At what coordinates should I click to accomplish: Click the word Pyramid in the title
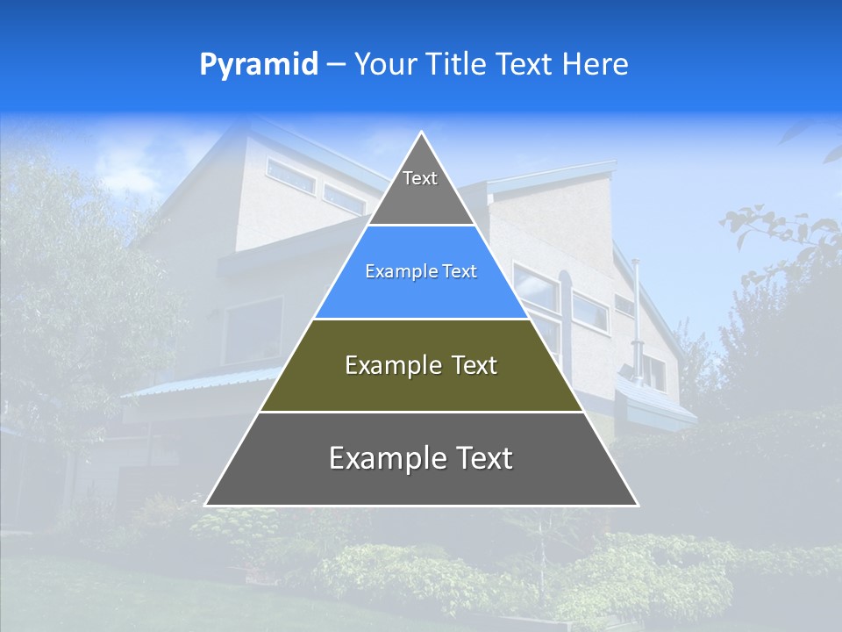coord(258,65)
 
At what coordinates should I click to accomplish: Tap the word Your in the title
coord(383,65)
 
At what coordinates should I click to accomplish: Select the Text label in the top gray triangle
coord(420,178)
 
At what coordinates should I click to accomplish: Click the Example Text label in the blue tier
coord(421,271)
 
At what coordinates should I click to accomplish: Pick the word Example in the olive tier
coord(389,365)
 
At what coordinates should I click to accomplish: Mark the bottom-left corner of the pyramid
coord(206,505)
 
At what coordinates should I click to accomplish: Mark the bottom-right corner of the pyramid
coord(638,505)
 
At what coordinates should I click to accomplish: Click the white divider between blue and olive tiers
coord(421,319)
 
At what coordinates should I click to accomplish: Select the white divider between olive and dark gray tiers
coord(421,412)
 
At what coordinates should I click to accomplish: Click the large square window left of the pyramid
coord(253,329)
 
